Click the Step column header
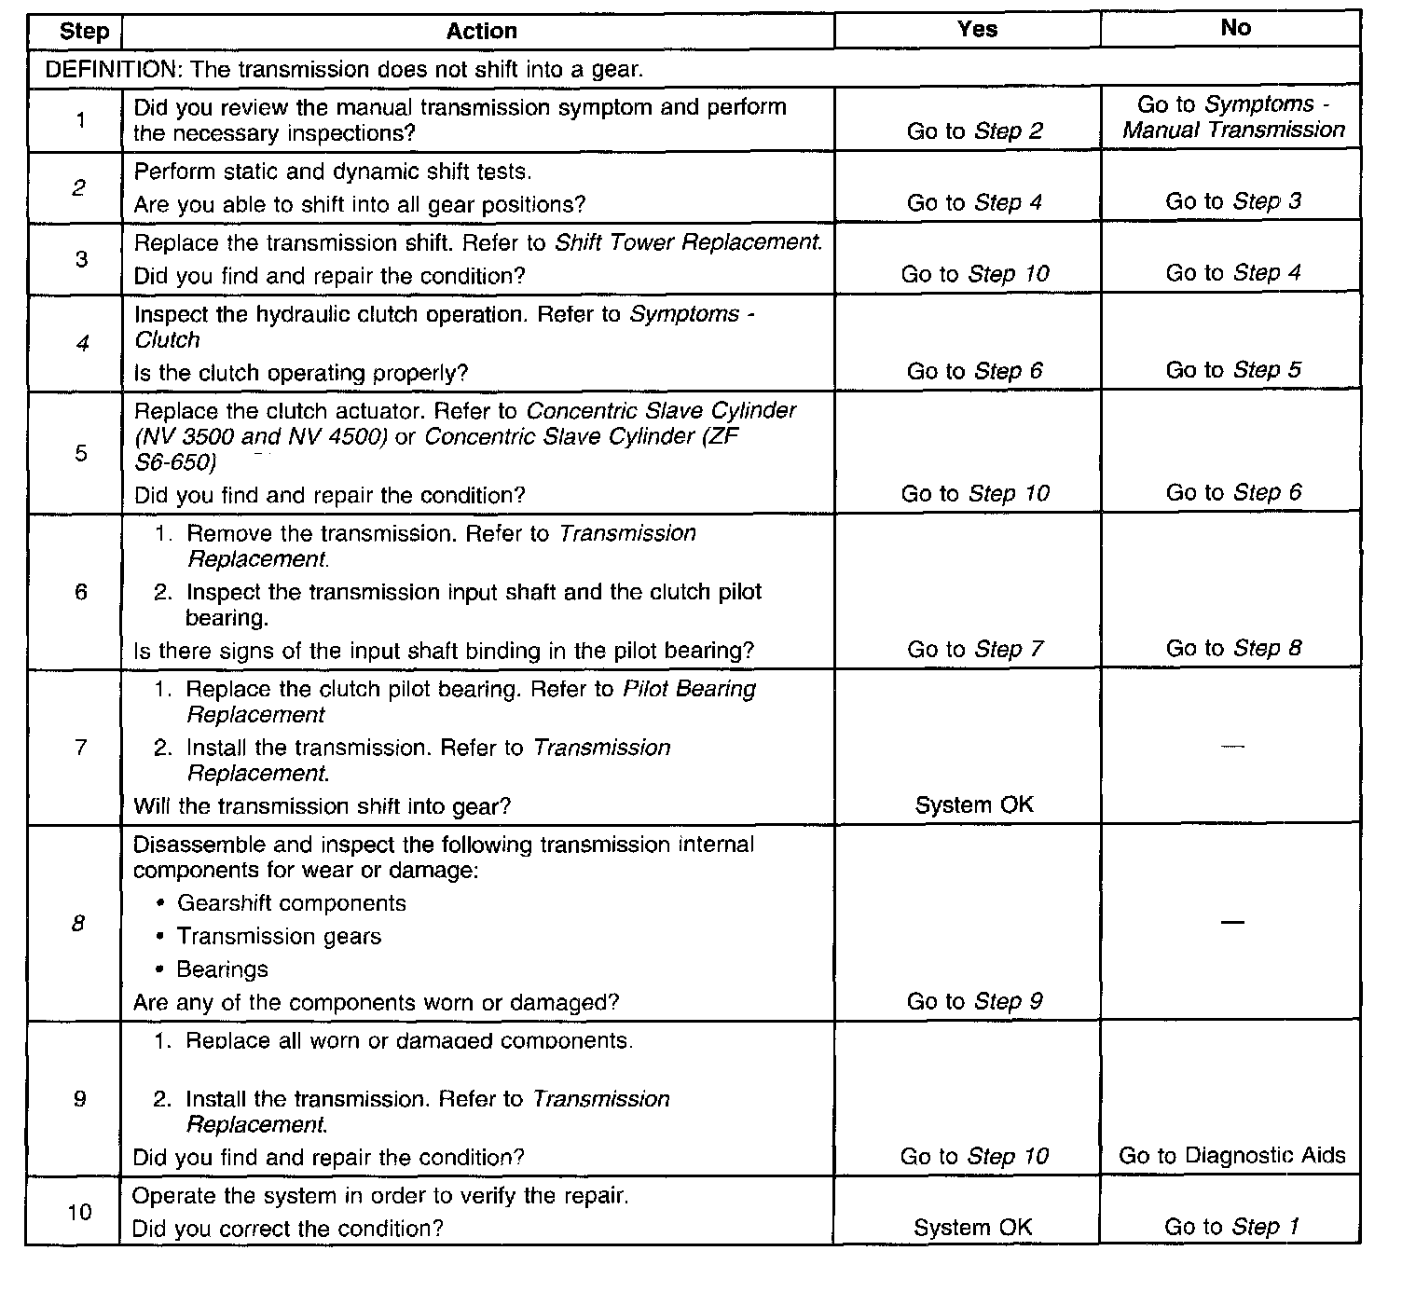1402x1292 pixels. [84, 32]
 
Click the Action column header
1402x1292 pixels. [481, 32]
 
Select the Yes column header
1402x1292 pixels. [976, 29]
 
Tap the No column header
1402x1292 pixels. [1235, 28]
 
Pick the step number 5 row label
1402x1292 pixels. [81, 453]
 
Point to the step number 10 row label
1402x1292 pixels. [80, 1212]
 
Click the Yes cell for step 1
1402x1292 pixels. [975, 131]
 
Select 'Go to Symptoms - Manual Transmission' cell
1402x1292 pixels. [1233, 117]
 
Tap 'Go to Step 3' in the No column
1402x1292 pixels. [1233, 201]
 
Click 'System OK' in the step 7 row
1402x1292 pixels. [974, 805]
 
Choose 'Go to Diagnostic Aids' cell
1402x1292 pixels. [1232, 1157]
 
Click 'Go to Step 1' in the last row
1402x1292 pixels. [1231, 1228]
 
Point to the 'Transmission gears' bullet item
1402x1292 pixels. [279, 937]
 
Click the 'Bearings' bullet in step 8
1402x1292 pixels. [222, 970]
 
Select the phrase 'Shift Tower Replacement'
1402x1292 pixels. [688, 242]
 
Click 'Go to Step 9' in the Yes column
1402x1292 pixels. [975, 1002]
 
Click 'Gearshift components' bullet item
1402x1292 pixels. [292, 903]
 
